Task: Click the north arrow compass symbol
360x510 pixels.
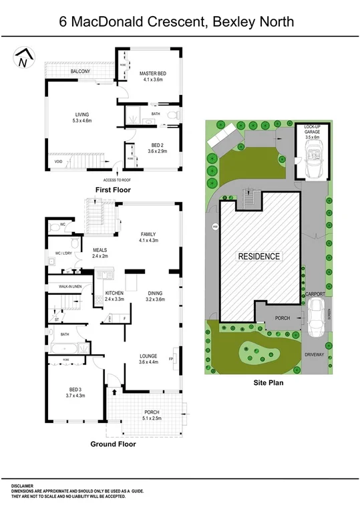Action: click(x=24, y=59)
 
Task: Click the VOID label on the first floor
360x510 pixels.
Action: click(x=59, y=161)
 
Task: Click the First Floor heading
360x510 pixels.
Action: click(x=113, y=190)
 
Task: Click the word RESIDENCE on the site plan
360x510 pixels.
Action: click(x=260, y=256)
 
